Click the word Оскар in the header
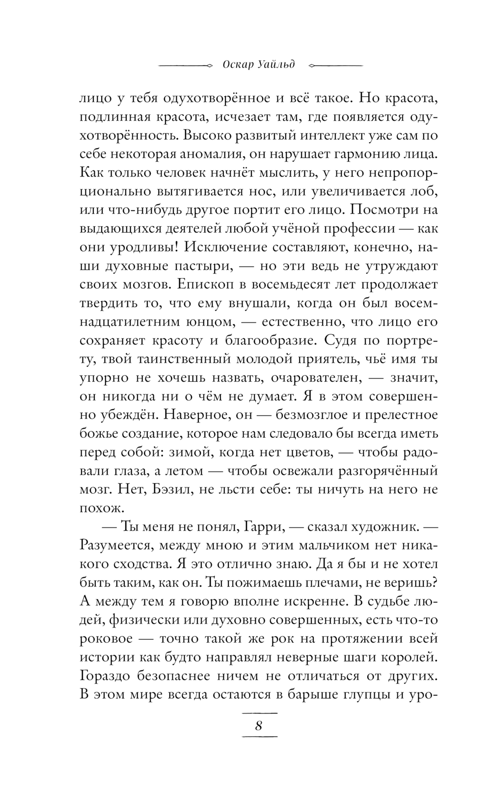[238, 65]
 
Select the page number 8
[259, 726]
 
